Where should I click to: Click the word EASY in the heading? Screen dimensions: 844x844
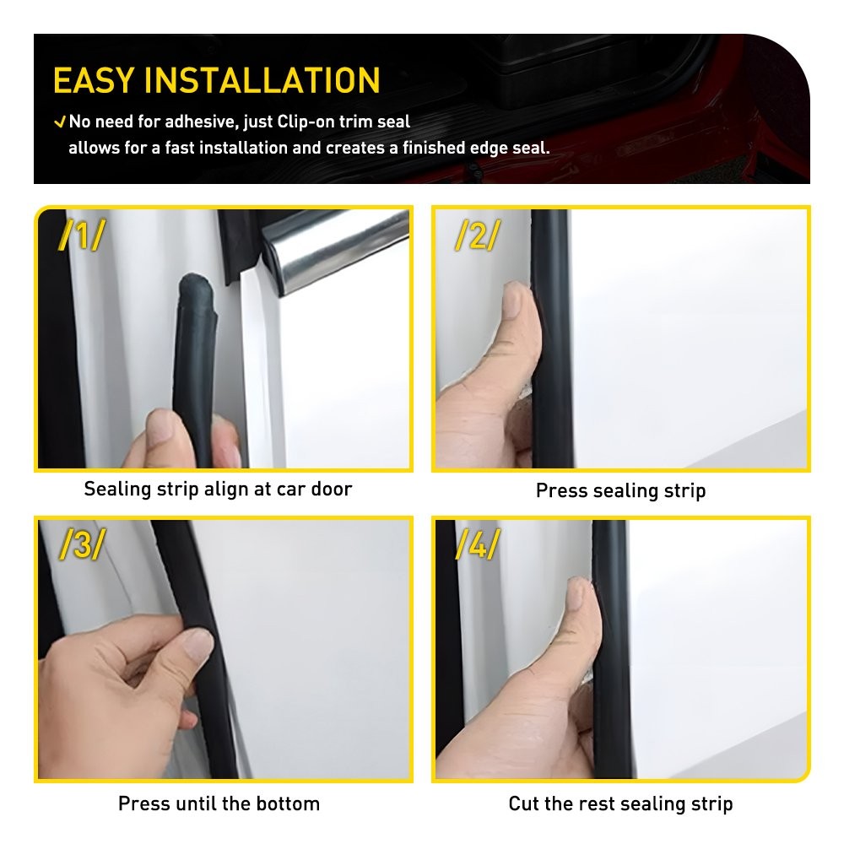point(94,80)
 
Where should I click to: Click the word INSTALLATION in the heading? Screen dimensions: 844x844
point(262,80)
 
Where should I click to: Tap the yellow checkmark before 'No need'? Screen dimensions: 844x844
point(59,122)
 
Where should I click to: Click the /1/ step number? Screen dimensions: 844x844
point(81,236)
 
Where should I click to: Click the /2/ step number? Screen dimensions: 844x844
point(477,236)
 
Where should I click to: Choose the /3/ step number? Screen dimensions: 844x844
point(81,546)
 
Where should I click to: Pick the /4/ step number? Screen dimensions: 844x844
point(477,546)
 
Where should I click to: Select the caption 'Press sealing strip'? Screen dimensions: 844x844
point(620,490)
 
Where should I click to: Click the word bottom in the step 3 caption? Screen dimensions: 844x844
point(288,803)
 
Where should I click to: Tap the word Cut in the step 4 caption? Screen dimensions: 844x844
point(523,803)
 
